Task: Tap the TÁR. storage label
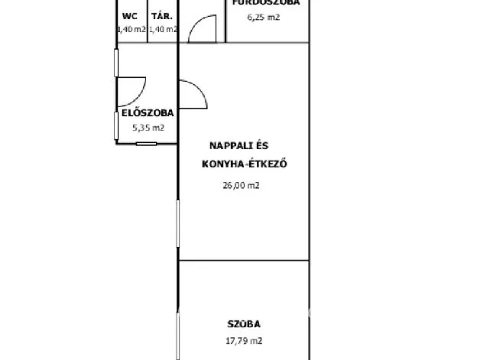tap(161, 16)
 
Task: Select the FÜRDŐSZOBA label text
tap(263, 3)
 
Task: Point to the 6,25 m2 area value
tap(263, 16)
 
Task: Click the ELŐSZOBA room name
tap(142, 113)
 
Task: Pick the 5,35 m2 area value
tap(148, 128)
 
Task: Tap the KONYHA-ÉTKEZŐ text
tap(244, 163)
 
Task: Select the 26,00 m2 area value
tap(241, 184)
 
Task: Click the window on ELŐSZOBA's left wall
tap(116, 62)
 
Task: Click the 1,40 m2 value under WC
tap(131, 29)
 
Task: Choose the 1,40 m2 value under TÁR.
tap(163, 29)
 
